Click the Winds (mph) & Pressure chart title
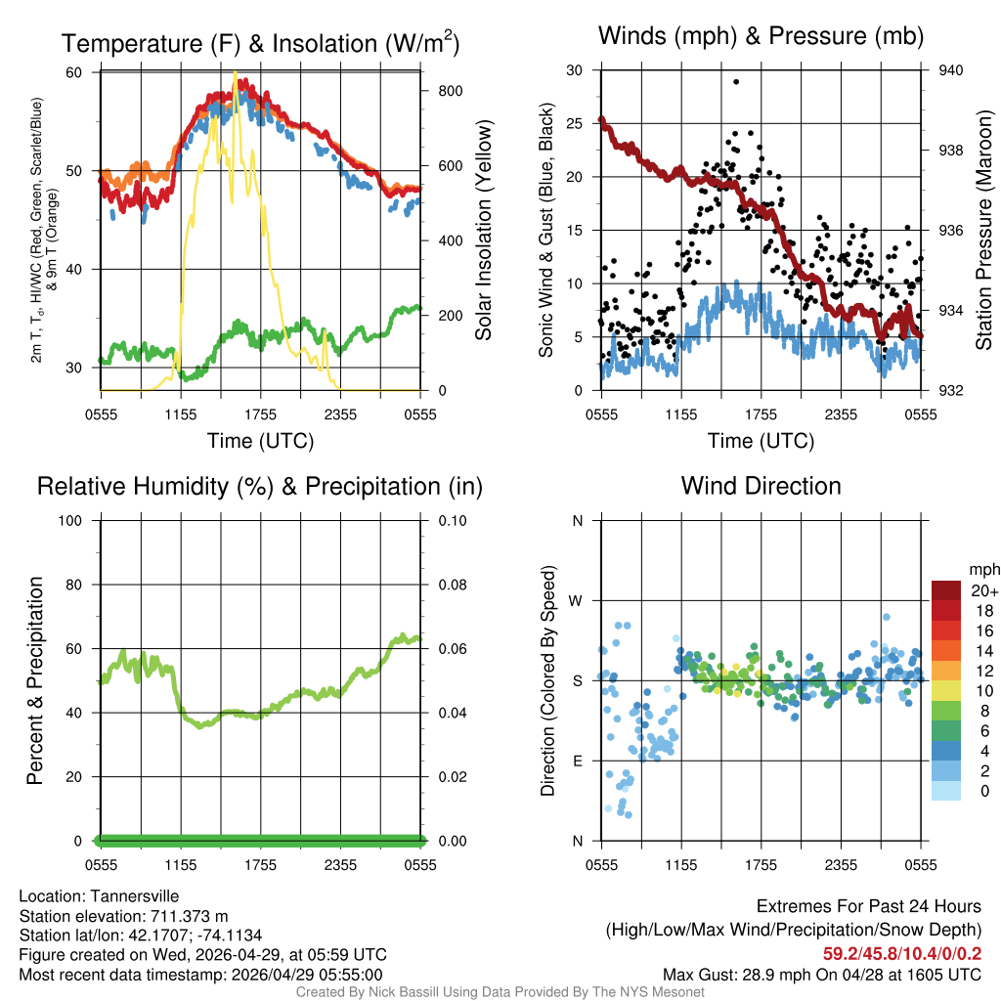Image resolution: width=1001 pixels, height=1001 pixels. pos(761,36)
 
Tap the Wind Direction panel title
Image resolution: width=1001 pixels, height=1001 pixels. pos(761,486)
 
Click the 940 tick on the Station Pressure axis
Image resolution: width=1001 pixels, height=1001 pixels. pos(950,70)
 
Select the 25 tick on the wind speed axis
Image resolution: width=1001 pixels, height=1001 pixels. pos(576,123)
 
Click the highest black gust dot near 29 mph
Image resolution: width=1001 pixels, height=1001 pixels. pos(736,82)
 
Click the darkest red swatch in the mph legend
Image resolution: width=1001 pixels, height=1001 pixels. pos(946,590)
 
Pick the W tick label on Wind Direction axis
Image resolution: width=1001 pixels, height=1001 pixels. pos(577,600)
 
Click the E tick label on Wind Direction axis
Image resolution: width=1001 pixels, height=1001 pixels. pos(577,761)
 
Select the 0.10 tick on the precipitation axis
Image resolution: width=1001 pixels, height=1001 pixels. pos(451,520)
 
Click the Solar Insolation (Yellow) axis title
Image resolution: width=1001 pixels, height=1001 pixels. pos(484,231)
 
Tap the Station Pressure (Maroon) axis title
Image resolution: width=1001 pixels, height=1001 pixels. pos(984,231)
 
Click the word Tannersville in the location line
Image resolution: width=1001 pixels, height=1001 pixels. pos(135,896)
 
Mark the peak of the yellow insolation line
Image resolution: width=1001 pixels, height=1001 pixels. pos(236,72)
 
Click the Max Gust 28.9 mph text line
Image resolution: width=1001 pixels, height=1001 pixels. pos(822,974)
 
